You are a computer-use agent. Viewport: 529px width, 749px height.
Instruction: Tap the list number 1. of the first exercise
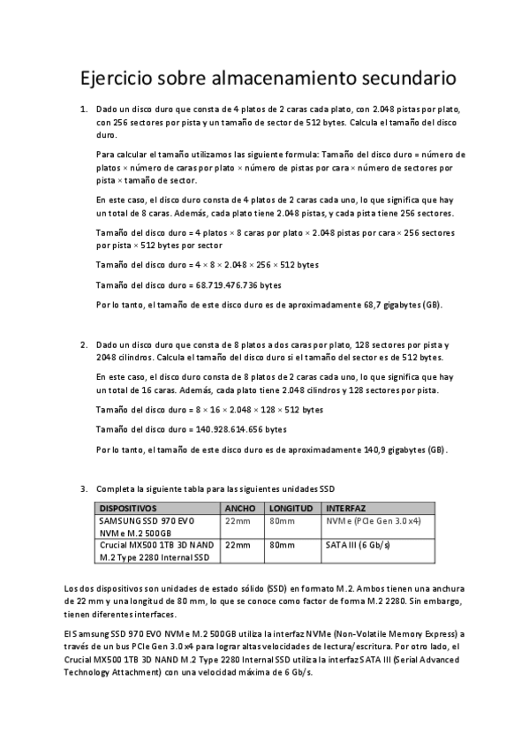[84, 109]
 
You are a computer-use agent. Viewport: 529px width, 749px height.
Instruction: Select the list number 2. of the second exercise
[84, 344]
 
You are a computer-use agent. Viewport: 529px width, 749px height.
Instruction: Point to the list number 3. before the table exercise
[84, 488]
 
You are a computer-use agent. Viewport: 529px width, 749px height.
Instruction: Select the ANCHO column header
[240, 509]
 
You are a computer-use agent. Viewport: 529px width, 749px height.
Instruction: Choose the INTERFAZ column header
[346, 509]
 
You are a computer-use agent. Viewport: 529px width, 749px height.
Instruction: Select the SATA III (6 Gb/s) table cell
[359, 545]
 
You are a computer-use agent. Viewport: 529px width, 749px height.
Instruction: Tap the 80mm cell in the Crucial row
[282, 545]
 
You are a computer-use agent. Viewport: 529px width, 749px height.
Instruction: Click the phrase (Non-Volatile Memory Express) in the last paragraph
[392, 634]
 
